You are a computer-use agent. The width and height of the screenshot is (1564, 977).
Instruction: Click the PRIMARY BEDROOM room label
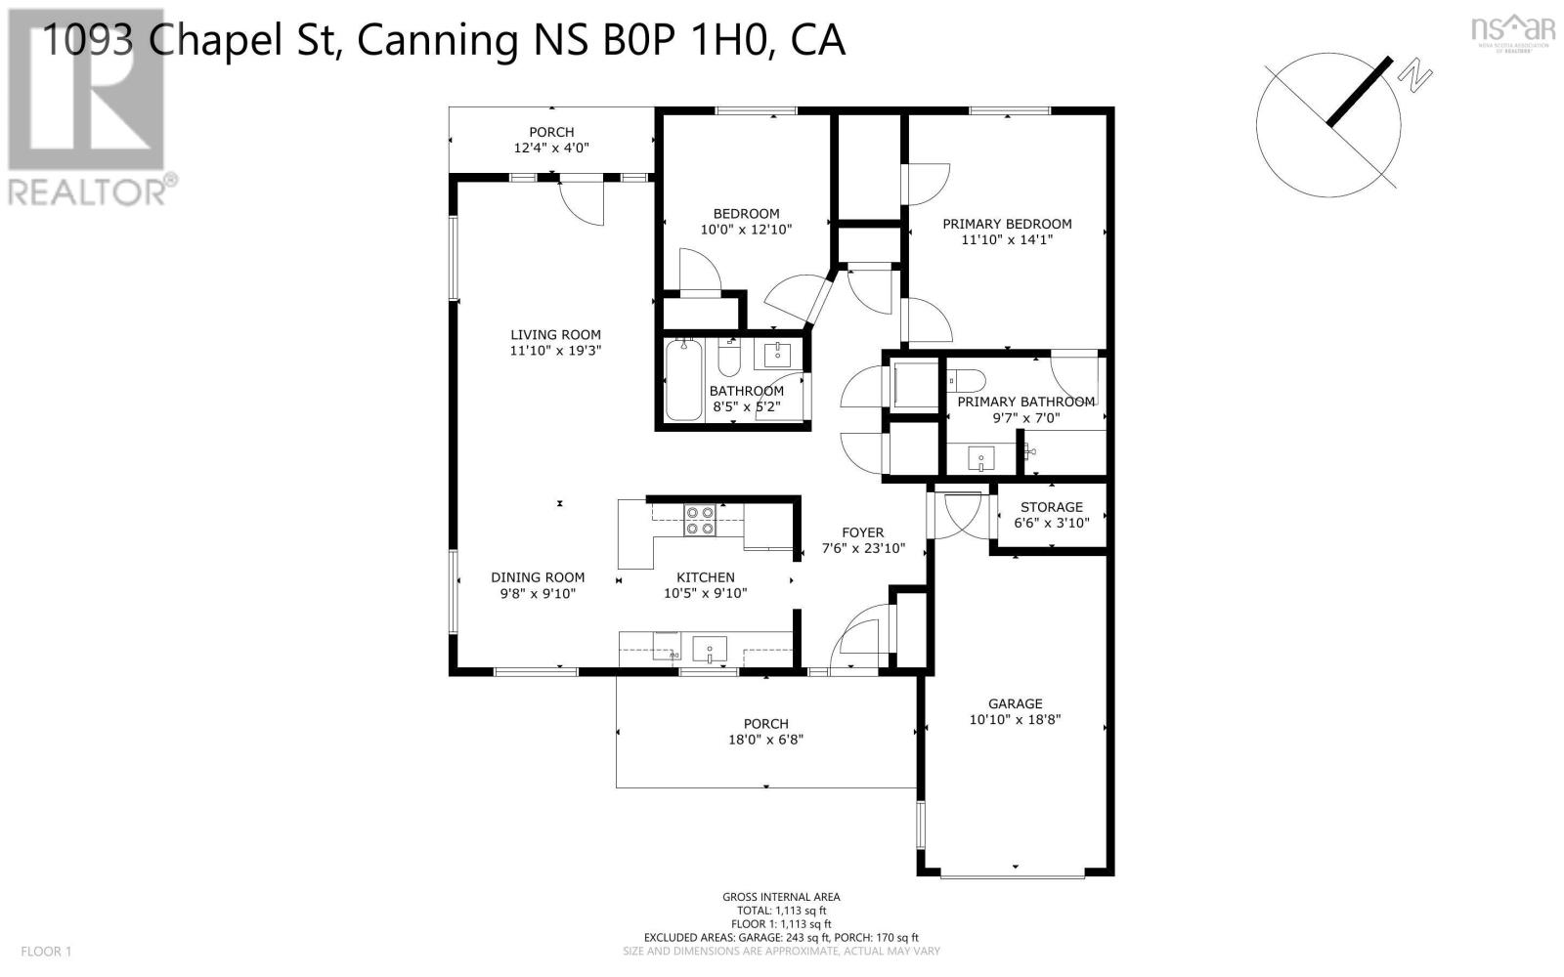(x=1007, y=224)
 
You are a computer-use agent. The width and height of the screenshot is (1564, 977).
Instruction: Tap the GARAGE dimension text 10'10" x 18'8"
(x=1016, y=719)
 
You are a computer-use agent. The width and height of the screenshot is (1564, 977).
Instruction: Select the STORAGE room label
(x=1052, y=507)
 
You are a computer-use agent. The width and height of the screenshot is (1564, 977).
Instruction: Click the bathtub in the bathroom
(x=683, y=380)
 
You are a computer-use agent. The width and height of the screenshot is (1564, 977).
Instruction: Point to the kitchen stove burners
(x=700, y=521)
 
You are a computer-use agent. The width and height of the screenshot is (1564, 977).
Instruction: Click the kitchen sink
(x=709, y=649)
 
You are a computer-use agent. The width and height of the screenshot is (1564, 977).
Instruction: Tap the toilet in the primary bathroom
(x=967, y=381)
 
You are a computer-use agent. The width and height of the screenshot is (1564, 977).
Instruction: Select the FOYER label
(x=863, y=532)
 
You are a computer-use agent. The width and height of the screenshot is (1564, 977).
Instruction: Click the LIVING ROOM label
(x=556, y=335)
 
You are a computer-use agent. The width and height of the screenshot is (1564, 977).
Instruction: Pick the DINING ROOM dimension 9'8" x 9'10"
(x=538, y=594)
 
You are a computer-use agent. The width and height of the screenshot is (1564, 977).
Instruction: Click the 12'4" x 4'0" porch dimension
(x=551, y=148)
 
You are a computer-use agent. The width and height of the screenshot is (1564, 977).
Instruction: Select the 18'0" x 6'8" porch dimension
(x=766, y=740)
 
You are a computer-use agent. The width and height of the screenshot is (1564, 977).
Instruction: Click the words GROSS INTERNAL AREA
(x=781, y=898)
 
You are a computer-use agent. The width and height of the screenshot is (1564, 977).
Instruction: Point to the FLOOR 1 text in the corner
(x=46, y=952)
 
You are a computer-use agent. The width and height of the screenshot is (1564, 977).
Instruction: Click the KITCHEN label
(x=705, y=577)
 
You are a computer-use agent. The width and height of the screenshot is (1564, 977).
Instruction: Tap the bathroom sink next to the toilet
(x=777, y=355)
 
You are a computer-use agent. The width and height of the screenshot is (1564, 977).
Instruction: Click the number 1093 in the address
(x=88, y=40)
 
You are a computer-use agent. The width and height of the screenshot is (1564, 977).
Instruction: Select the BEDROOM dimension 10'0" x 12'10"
(x=747, y=230)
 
